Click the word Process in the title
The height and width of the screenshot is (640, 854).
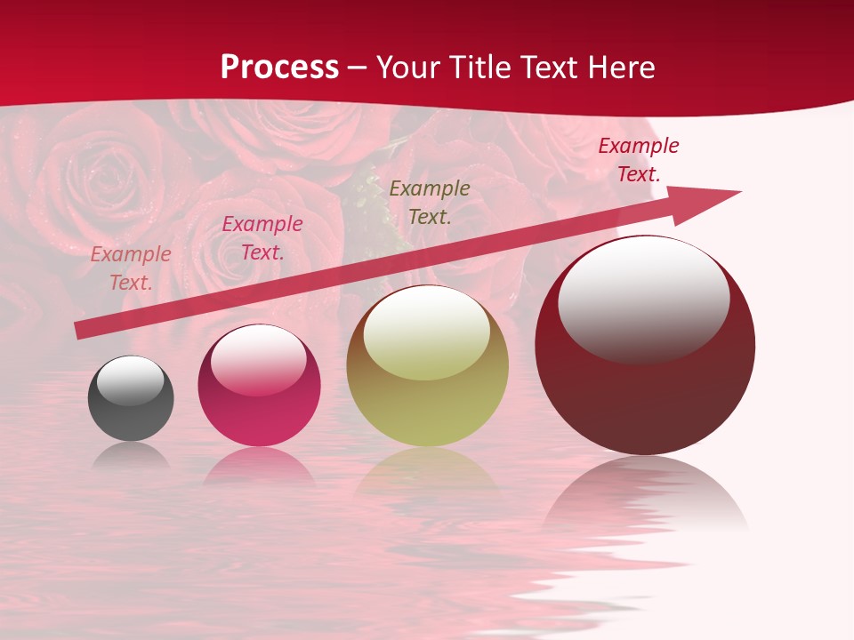coord(279,68)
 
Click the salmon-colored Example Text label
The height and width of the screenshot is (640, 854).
coord(131,268)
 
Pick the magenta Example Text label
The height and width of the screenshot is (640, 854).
coord(262,238)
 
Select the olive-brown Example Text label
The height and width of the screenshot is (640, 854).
coord(430,202)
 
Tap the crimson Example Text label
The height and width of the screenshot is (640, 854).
coord(639,160)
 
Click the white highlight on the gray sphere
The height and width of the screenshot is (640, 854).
coord(131,380)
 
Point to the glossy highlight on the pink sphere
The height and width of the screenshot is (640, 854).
coord(258,359)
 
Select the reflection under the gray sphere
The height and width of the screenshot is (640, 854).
coord(131,456)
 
